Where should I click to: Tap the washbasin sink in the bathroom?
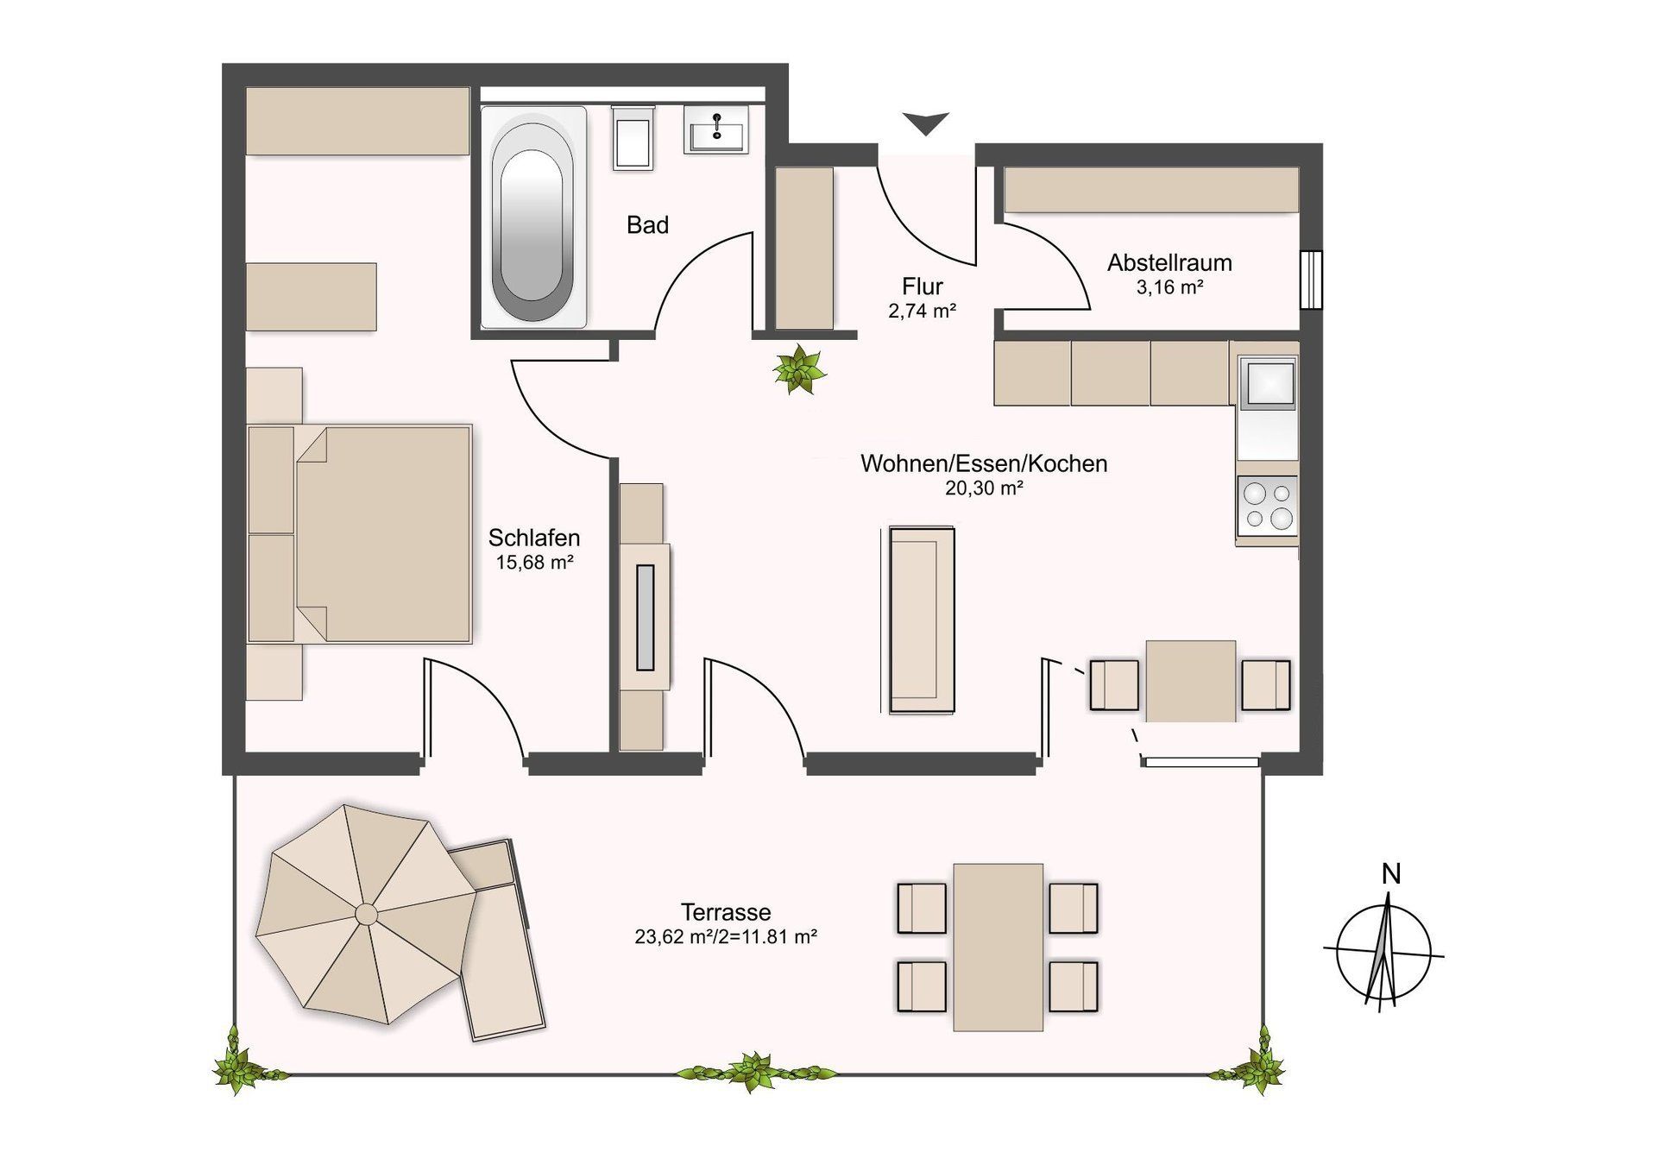(716, 131)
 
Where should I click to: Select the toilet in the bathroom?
(633, 138)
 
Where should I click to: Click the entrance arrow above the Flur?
(926, 123)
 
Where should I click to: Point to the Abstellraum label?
(1169, 262)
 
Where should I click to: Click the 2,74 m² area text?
(922, 311)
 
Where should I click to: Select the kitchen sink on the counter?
(1267, 383)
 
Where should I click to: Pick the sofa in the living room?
(922, 620)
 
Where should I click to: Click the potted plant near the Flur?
(799, 369)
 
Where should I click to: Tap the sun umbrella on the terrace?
(366, 913)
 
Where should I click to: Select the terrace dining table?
(998, 947)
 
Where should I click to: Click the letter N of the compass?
(1390, 874)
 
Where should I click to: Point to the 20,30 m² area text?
(984, 488)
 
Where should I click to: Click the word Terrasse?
(725, 912)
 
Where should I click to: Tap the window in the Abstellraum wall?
(1311, 279)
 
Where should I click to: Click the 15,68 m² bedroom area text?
(534, 563)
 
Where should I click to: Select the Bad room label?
(647, 225)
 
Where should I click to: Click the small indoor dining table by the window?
(1190, 681)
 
